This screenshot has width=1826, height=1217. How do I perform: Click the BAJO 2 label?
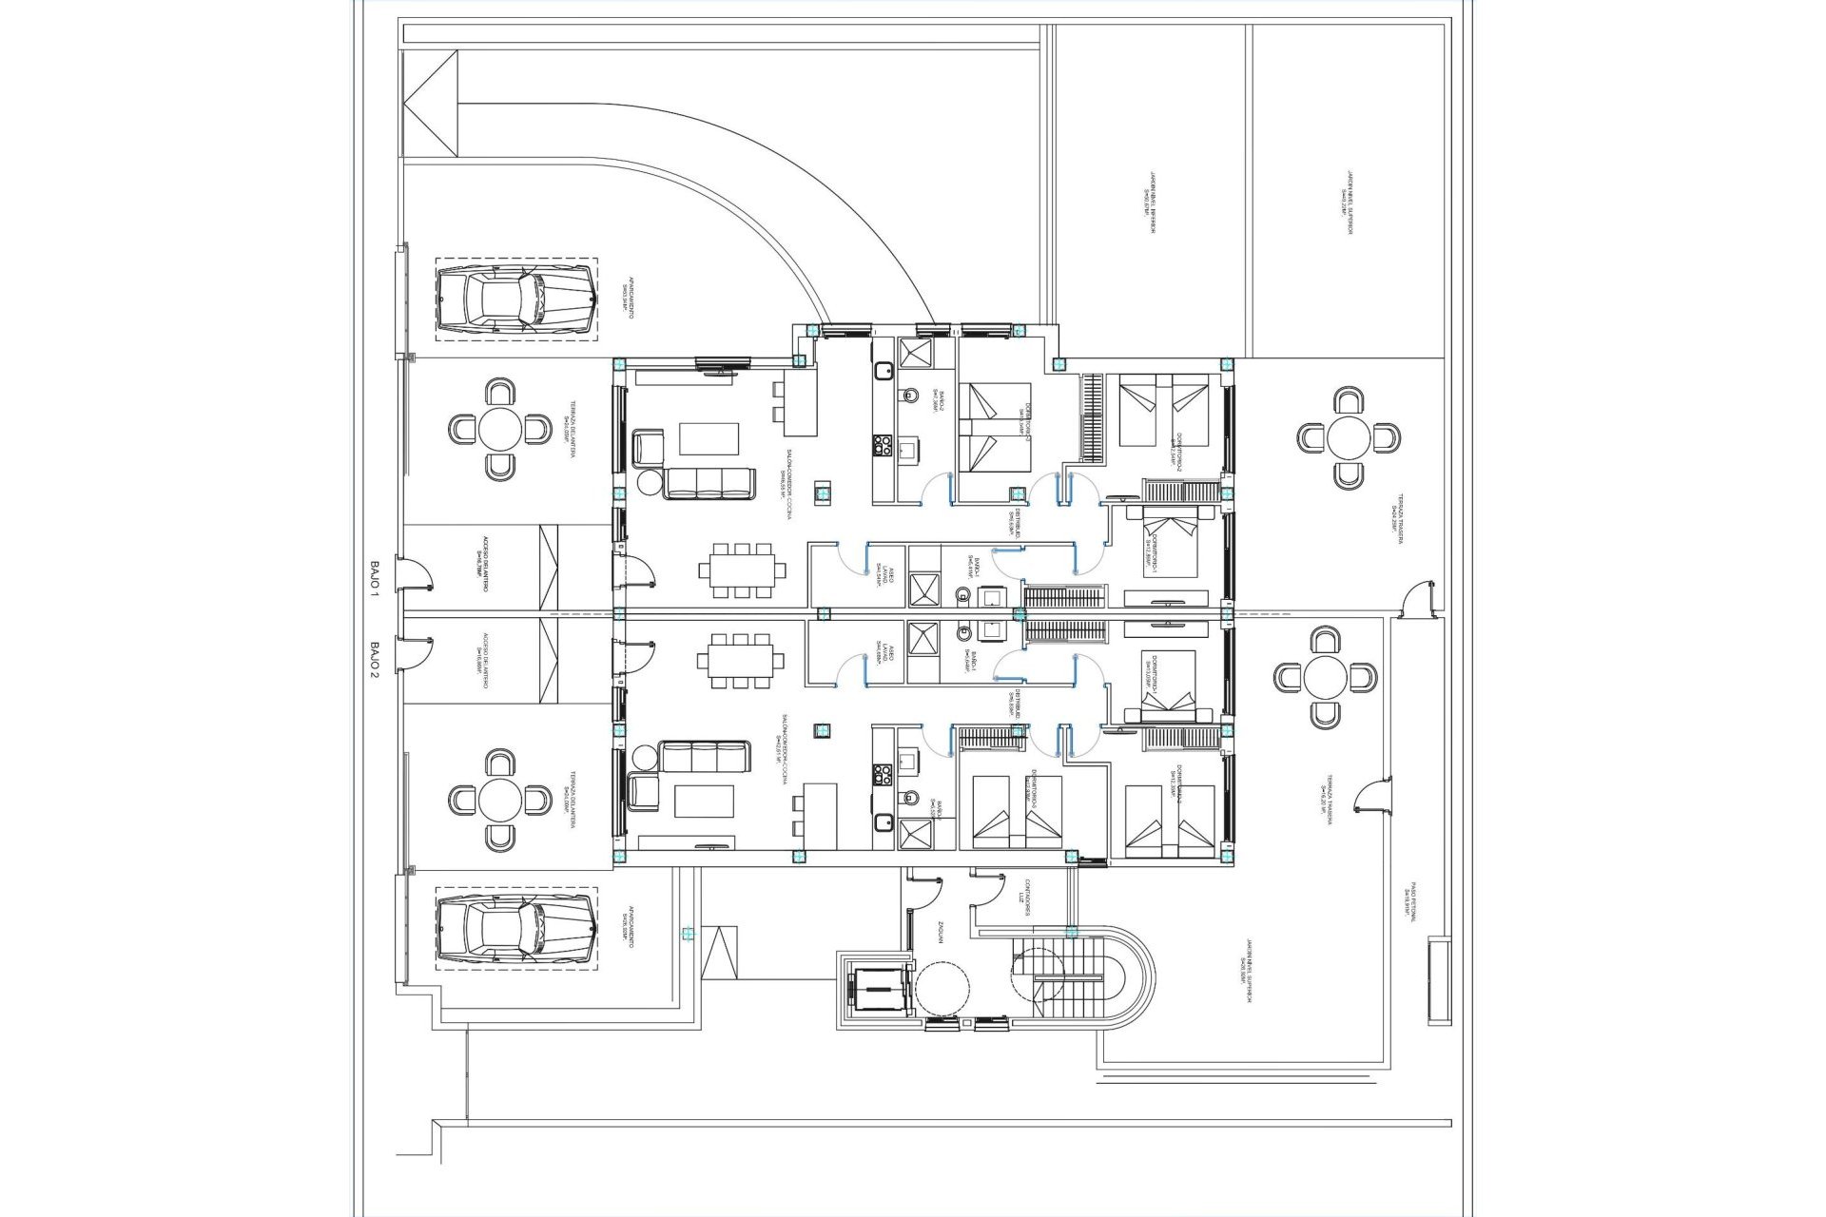(374, 659)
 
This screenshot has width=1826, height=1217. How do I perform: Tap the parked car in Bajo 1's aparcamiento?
(516, 299)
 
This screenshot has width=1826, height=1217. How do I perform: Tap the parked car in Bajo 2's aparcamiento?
(516, 929)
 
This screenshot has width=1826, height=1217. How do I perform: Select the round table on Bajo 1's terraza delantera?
(500, 430)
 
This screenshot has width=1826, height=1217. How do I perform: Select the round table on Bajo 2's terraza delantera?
(500, 801)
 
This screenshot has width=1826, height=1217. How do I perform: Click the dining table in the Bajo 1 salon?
(742, 570)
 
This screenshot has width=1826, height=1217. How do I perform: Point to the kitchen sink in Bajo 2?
(884, 824)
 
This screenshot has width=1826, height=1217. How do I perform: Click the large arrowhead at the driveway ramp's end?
(431, 103)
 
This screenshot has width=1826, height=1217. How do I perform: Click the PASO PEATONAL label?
(1410, 899)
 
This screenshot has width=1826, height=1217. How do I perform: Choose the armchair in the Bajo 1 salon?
(650, 447)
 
